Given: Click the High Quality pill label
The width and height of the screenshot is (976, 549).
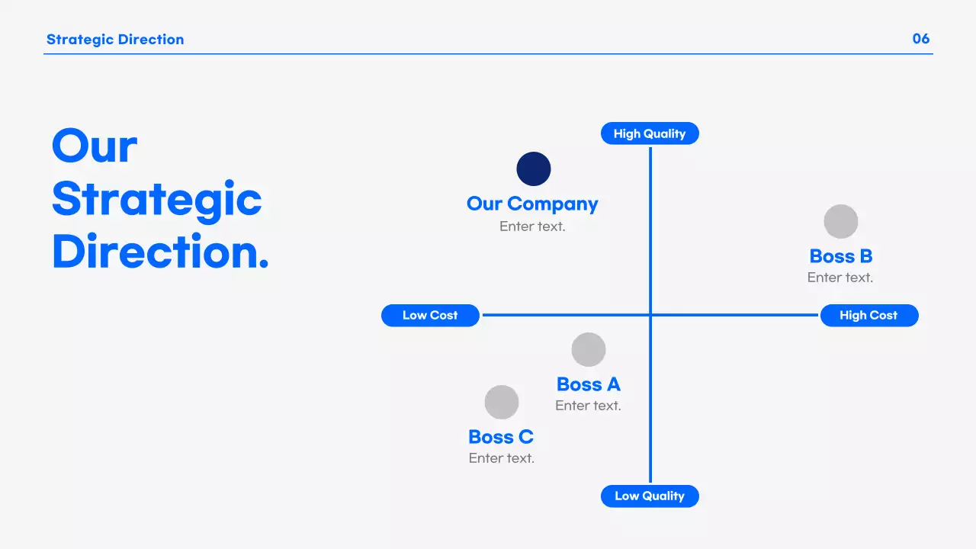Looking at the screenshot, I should (650, 133).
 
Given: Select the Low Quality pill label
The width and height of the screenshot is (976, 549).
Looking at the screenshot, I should (650, 496).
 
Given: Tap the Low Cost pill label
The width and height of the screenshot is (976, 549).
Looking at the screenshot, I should (430, 315).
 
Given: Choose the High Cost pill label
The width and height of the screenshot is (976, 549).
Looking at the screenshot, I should (868, 315).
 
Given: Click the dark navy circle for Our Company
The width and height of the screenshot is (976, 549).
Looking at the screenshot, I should (534, 169).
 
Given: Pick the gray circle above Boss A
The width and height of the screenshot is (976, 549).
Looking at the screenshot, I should (589, 350).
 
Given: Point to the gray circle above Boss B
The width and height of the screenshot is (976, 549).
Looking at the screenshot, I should (841, 222).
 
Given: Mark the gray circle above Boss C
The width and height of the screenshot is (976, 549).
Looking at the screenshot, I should (502, 402).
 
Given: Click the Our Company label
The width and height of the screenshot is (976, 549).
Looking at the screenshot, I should (532, 204).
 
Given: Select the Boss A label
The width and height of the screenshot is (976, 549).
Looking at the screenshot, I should (589, 384).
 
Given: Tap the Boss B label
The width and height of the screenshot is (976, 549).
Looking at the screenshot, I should (841, 256).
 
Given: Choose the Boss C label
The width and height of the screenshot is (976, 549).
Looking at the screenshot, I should (501, 437).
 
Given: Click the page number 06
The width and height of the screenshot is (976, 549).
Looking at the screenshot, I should (921, 39).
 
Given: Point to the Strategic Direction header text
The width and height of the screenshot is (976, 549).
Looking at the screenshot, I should (115, 40).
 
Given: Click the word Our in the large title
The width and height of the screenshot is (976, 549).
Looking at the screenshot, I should (95, 146).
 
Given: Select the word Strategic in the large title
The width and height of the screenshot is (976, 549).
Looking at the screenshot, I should (157, 199).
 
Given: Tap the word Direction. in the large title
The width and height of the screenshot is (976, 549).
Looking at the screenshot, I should (160, 252).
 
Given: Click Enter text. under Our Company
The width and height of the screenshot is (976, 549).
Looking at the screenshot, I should (532, 226).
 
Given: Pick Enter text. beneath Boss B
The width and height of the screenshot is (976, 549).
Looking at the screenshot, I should (840, 278).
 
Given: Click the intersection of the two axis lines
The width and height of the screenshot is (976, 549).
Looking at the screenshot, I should (650, 315).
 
